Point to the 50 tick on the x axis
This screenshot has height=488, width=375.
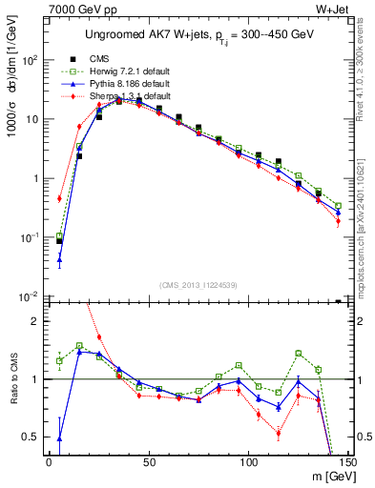(x=149, y=461)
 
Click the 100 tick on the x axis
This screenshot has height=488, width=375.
(x=249, y=461)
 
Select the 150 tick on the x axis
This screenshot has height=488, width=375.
(x=348, y=461)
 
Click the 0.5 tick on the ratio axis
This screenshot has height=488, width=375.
(x=33, y=437)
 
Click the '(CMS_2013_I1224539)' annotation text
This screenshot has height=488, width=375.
(x=198, y=285)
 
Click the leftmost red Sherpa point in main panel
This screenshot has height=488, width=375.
(x=59, y=198)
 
